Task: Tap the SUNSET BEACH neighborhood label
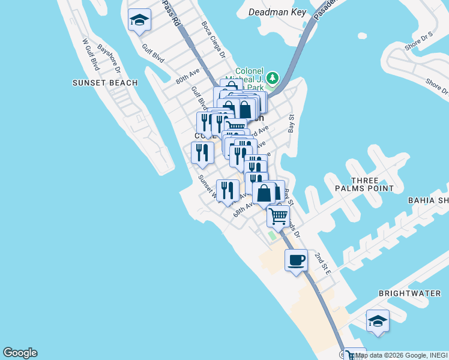coord(105,83)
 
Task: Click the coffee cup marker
coord(296,260)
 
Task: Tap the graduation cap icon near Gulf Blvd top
coord(139,20)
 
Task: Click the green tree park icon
coord(273,78)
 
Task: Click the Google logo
coord(20,353)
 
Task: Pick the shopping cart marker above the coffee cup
coord(278,216)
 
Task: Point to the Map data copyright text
coord(400,355)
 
